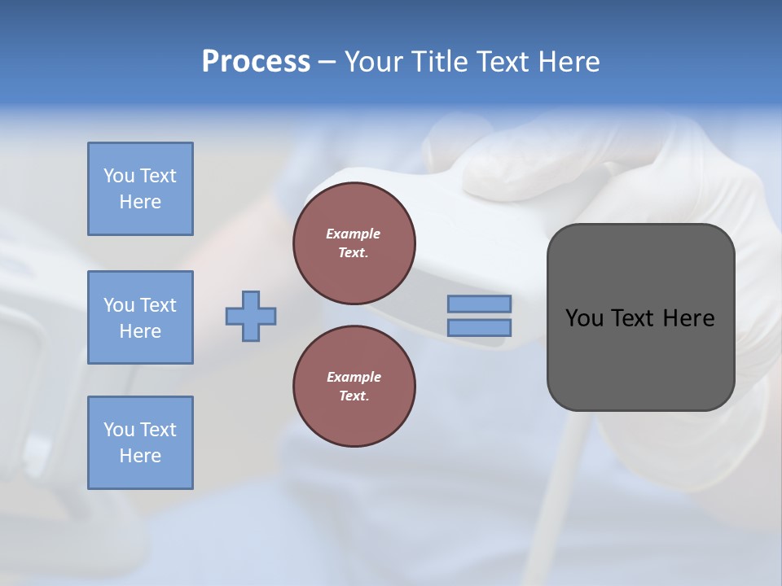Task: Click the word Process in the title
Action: coord(256,62)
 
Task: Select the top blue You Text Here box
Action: coord(140,189)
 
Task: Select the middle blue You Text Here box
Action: coord(140,317)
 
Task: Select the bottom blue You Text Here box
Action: coord(140,443)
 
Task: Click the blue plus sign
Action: coord(250,316)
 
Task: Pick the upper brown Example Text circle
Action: coord(354,243)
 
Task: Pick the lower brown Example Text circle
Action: coord(354,387)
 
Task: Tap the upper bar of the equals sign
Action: coord(479,304)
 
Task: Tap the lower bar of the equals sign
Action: coord(479,328)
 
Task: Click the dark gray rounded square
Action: coord(640,358)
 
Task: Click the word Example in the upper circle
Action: coord(354,234)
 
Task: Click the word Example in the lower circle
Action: coord(354,377)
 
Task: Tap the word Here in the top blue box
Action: coord(140,202)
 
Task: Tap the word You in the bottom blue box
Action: coord(119,430)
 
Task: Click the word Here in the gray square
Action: coord(688,318)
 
